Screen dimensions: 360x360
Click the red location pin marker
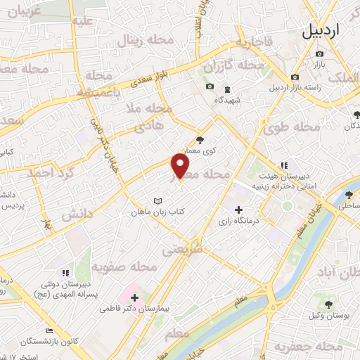pos(181,167)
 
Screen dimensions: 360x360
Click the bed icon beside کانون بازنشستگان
pos(49,330)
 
